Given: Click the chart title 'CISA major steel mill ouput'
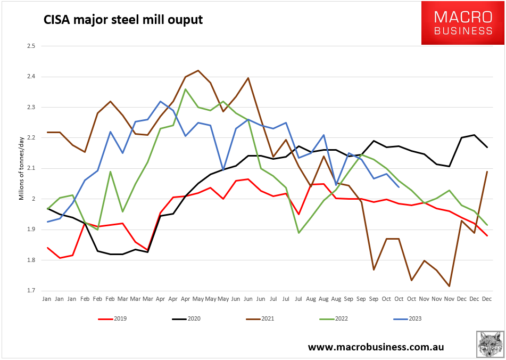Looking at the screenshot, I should click(x=123, y=20).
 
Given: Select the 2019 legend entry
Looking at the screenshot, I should click(x=113, y=319).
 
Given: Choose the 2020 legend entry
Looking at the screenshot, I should click(x=187, y=319).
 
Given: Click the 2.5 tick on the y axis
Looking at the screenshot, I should click(x=30, y=46).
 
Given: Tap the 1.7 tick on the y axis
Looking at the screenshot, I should click(x=30, y=291).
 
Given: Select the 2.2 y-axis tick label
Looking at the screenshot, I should click(x=30, y=138).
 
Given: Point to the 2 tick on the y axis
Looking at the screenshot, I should click(x=33, y=199).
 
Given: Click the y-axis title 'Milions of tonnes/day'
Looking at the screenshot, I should click(x=22, y=168).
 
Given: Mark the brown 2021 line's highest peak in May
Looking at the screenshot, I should click(x=198, y=70).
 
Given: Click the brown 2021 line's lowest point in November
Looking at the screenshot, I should click(x=450, y=287).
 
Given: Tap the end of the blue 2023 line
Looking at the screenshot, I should click(x=399, y=187).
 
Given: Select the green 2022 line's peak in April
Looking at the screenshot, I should click(x=186, y=89).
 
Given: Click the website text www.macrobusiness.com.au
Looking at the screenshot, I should click(x=376, y=347).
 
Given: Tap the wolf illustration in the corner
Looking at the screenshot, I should click(x=490, y=344).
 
